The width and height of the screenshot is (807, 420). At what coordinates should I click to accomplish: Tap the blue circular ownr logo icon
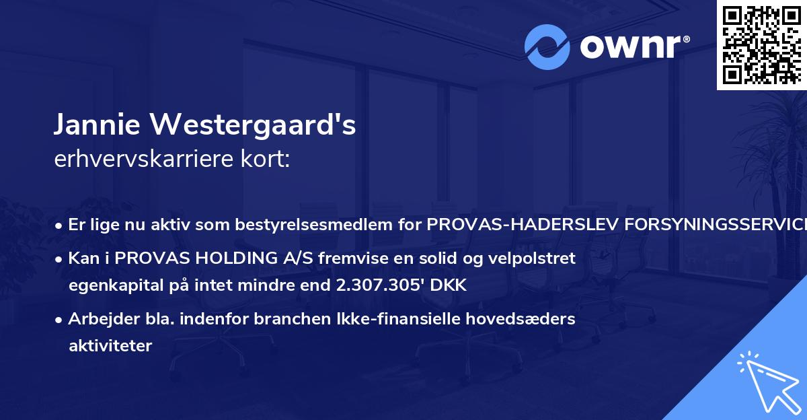pos(547,47)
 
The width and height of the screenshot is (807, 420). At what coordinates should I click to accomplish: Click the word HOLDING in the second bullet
pos(221,258)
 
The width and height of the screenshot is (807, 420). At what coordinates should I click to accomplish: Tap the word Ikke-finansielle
pos(428,319)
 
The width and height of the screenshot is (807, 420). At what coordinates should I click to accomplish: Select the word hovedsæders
pos(528,319)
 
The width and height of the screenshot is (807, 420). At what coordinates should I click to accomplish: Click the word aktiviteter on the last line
pos(110,346)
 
